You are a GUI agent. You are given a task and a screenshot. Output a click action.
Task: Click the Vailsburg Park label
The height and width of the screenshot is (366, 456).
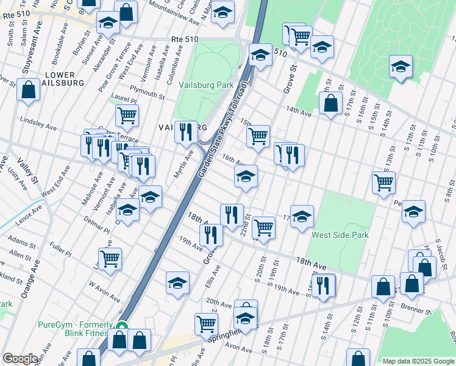(x=206, y=85)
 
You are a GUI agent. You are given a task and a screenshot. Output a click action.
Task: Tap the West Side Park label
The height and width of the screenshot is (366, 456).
(x=340, y=235)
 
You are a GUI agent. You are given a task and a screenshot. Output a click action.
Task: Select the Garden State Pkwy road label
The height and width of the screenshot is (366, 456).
(x=224, y=133)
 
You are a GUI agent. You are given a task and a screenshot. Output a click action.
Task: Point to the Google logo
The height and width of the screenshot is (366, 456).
(x=20, y=359)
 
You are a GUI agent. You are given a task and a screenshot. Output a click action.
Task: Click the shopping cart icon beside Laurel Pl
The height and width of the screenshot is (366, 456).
(x=127, y=114)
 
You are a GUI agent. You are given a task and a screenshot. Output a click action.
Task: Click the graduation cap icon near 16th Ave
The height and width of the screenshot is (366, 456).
(x=246, y=177)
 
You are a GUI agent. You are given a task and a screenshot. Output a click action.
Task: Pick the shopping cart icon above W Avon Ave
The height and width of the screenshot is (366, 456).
(x=110, y=258)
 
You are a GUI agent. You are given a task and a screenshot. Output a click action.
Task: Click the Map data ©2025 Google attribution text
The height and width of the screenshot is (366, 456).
(x=418, y=361)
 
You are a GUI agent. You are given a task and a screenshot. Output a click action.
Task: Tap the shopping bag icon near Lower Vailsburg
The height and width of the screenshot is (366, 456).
(x=29, y=89)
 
